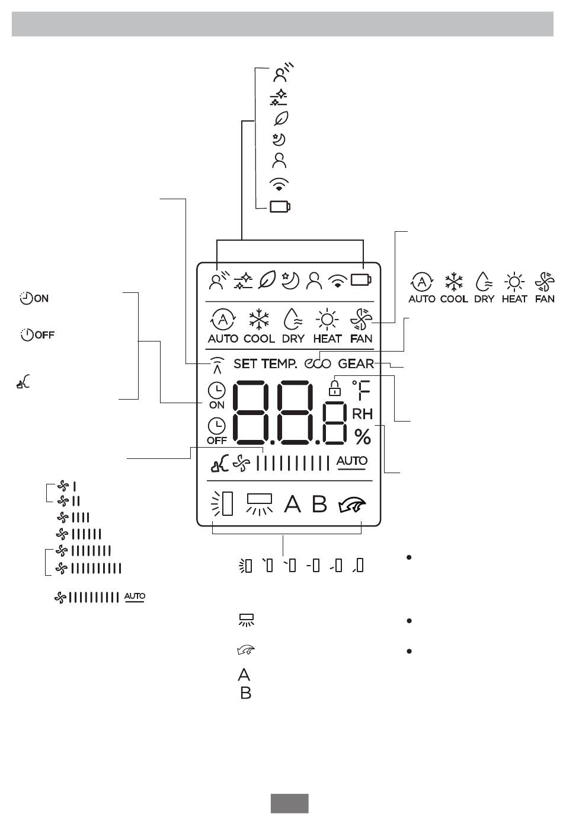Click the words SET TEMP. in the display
265,363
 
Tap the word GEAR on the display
356,363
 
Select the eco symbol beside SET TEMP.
318,363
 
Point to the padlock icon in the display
334,388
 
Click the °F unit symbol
361,390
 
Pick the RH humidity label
362,414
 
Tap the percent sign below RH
363,436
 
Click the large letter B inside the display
319,504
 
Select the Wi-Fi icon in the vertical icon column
279,184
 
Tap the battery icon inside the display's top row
361,280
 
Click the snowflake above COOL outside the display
454,282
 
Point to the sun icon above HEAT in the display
327,320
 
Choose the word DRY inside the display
293,339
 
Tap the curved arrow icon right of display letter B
352,505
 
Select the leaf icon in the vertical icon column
281,118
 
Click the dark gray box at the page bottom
289,803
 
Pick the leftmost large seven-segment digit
251,413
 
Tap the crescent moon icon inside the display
290,281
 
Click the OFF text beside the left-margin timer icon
44,335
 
